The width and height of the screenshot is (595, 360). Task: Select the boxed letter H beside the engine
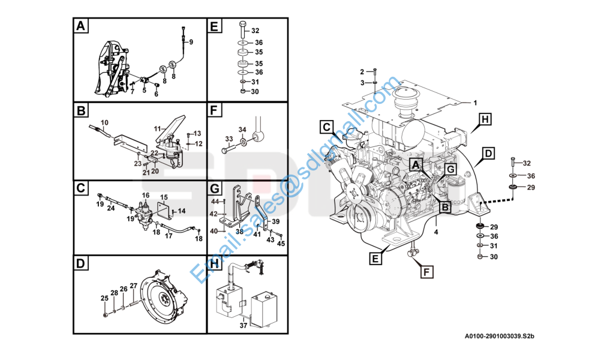(x=485, y=120)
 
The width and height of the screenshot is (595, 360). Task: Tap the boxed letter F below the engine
(x=426, y=272)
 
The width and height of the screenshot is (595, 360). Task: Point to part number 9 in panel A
(x=191, y=42)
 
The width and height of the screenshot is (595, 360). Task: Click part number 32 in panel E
(x=255, y=31)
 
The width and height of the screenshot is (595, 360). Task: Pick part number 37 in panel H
(x=244, y=326)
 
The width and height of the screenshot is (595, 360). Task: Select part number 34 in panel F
(x=242, y=130)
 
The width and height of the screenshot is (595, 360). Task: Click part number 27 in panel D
(x=133, y=286)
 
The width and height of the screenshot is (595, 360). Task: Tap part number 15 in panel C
(x=164, y=197)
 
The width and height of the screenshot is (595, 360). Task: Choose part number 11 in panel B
(x=157, y=129)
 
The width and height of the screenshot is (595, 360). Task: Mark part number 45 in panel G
(x=281, y=243)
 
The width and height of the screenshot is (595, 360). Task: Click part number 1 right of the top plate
(x=474, y=102)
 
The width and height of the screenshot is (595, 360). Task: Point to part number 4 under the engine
(x=436, y=231)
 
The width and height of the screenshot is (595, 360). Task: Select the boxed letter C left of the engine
(x=326, y=127)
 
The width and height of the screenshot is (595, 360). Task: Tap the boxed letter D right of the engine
(x=488, y=154)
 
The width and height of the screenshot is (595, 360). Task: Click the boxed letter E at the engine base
(x=374, y=259)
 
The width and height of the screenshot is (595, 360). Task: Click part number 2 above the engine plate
(x=362, y=72)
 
